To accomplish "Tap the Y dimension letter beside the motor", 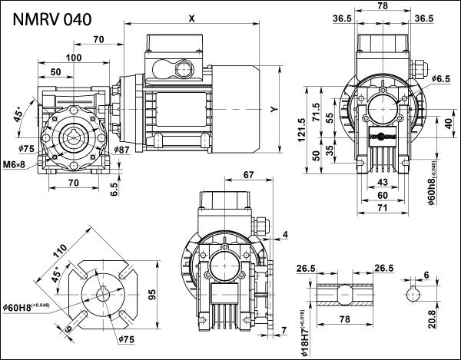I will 274,109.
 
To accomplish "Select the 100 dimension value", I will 73,58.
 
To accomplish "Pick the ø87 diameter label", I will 121,148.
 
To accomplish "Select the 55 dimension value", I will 331,120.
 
